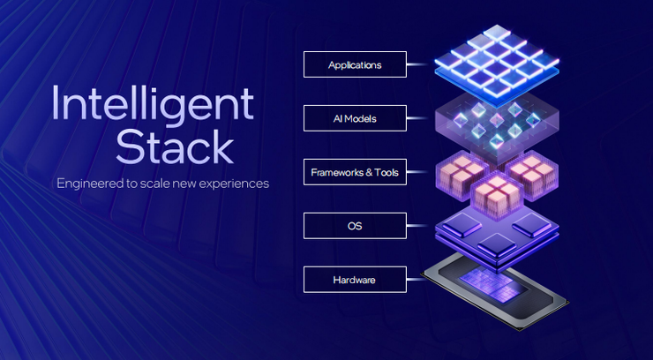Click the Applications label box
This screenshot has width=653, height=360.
click(x=354, y=64)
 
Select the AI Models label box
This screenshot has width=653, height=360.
click(x=354, y=118)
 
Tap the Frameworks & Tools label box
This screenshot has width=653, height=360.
click(x=354, y=172)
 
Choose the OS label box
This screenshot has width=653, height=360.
click(x=354, y=226)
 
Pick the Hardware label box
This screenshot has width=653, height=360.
click(x=354, y=280)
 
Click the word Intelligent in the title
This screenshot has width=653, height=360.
click(x=152, y=105)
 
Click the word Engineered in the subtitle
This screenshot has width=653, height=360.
click(x=93, y=184)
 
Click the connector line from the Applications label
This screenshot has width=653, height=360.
click(x=419, y=64)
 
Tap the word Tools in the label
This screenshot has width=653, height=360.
click(x=388, y=172)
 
